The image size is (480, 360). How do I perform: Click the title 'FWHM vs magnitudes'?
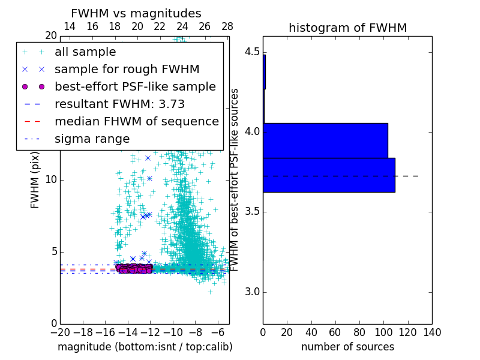pyautogui.click(x=136, y=13)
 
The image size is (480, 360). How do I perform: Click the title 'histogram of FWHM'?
pyautogui.click(x=347, y=28)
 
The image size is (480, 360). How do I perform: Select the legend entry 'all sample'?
pyautogui.click(x=85, y=52)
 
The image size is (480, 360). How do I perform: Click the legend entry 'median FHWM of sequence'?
pyautogui.click(x=136, y=121)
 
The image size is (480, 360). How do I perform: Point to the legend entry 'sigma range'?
pyautogui.click(x=92, y=139)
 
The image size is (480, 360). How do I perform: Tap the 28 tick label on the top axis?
pyautogui.click(x=227, y=26)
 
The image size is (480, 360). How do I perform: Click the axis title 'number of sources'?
pyautogui.click(x=347, y=347)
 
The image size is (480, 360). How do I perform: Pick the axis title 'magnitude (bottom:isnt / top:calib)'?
pyautogui.click(x=145, y=347)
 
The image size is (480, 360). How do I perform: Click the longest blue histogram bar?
pyautogui.click(x=329, y=175)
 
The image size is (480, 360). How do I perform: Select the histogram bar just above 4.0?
pyautogui.click(x=325, y=140)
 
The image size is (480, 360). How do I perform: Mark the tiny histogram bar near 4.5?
pyautogui.click(x=265, y=72)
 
